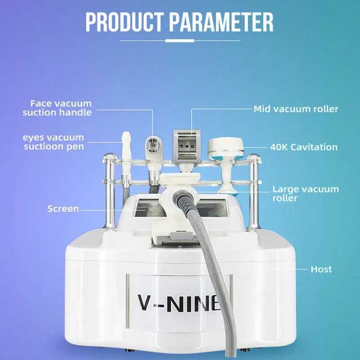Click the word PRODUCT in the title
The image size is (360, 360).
[124, 22]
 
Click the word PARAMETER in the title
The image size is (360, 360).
[222, 22]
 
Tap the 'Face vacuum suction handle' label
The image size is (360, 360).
[58, 108]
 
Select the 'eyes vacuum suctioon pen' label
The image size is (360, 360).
[53, 142]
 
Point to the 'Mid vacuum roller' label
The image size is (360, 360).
[296, 109]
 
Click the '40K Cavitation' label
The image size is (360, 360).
[304, 147]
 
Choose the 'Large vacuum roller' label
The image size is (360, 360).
[305, 193]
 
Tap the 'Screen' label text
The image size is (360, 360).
[63, 209]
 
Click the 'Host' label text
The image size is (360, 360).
[321, 269]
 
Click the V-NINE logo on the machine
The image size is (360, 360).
[179, 303]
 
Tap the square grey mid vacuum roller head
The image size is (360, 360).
[187, 145]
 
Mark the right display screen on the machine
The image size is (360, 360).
[212, 208]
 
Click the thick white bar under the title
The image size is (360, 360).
[180, 41]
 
